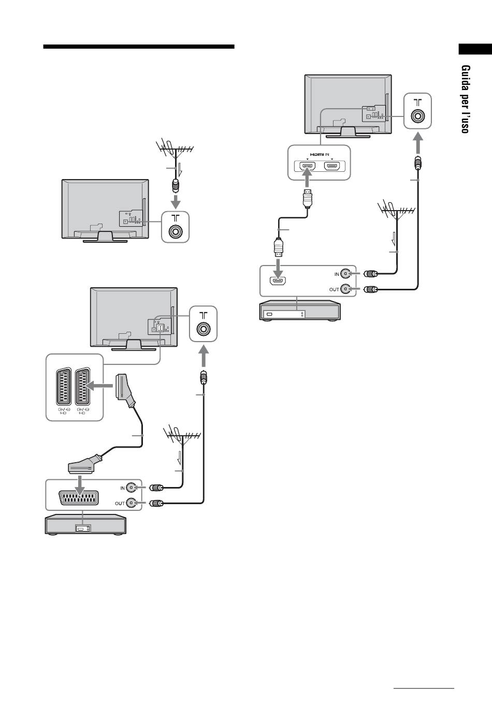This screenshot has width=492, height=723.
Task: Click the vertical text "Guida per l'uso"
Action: (466, 99)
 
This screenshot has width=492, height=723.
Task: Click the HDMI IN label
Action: (320, 154)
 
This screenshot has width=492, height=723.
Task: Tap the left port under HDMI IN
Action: (307, 166)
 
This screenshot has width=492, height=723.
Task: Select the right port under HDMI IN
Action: (332, 166)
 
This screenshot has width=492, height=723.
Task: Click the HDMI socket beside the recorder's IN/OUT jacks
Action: (278, 281)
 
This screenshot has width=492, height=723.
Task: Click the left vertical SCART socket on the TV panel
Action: (64, 387)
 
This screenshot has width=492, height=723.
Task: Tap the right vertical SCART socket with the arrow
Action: (82, 387)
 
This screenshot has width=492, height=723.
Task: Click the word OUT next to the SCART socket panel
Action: (120, 503)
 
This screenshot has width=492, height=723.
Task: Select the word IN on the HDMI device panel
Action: (337, 274)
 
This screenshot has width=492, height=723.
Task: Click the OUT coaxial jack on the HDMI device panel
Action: (345, 289)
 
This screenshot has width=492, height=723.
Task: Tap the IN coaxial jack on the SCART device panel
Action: (131, 488)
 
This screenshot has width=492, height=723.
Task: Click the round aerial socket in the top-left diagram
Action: (176, 231)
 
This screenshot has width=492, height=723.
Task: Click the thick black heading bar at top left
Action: (139, 47)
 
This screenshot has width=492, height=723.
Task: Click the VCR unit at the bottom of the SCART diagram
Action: (85, 524)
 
